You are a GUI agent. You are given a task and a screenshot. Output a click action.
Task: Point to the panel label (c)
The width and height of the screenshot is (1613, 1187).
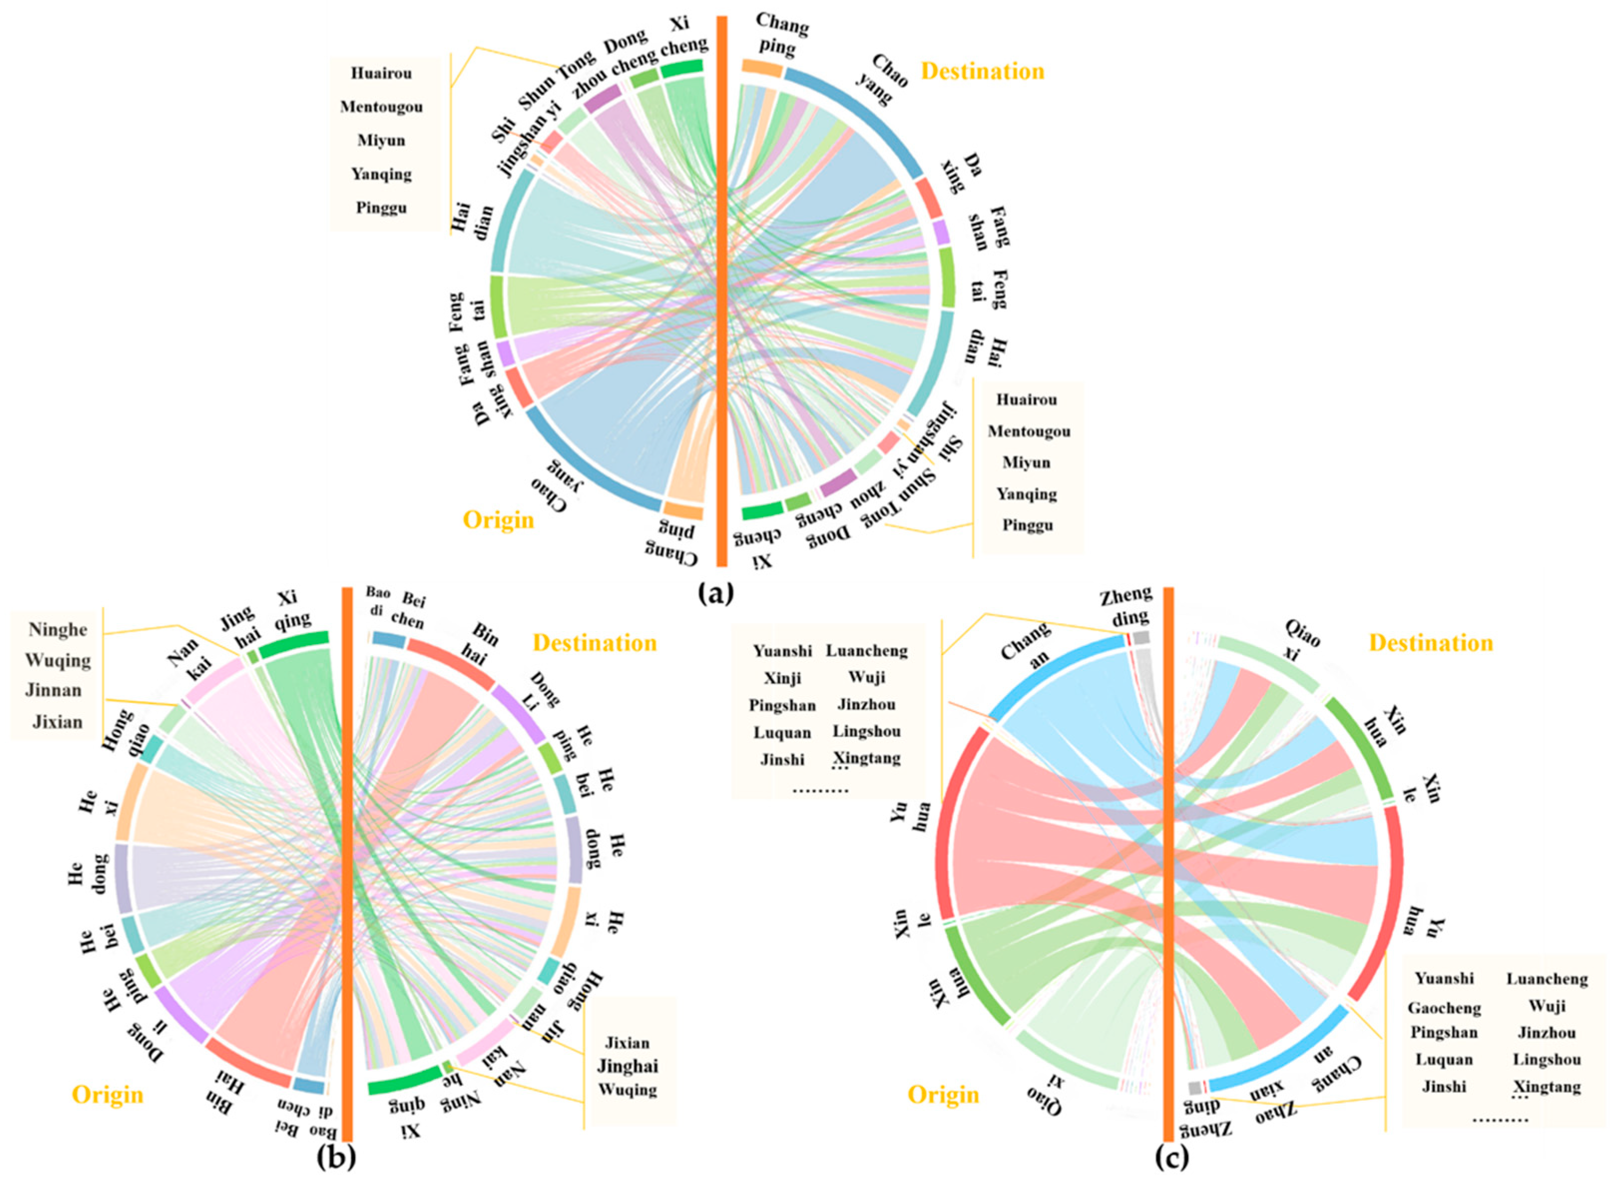pos(1170,1157)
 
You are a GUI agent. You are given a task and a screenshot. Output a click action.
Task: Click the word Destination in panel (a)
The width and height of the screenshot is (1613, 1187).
pos(982,71)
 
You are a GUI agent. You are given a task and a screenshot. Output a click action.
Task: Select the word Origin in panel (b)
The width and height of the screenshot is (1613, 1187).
pos(107,1094)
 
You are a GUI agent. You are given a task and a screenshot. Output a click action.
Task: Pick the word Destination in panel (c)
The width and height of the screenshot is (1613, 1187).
pos(1430,642)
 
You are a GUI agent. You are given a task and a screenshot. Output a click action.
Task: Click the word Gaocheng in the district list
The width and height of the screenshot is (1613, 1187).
pos(1444,1008)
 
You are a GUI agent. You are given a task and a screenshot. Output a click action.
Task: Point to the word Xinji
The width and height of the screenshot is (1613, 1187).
pos(782,678)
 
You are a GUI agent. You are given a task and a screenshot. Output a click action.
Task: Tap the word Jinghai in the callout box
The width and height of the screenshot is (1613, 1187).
pos(627,1066)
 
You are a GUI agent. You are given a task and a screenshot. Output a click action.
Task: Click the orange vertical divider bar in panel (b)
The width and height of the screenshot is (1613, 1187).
pos(347,862)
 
